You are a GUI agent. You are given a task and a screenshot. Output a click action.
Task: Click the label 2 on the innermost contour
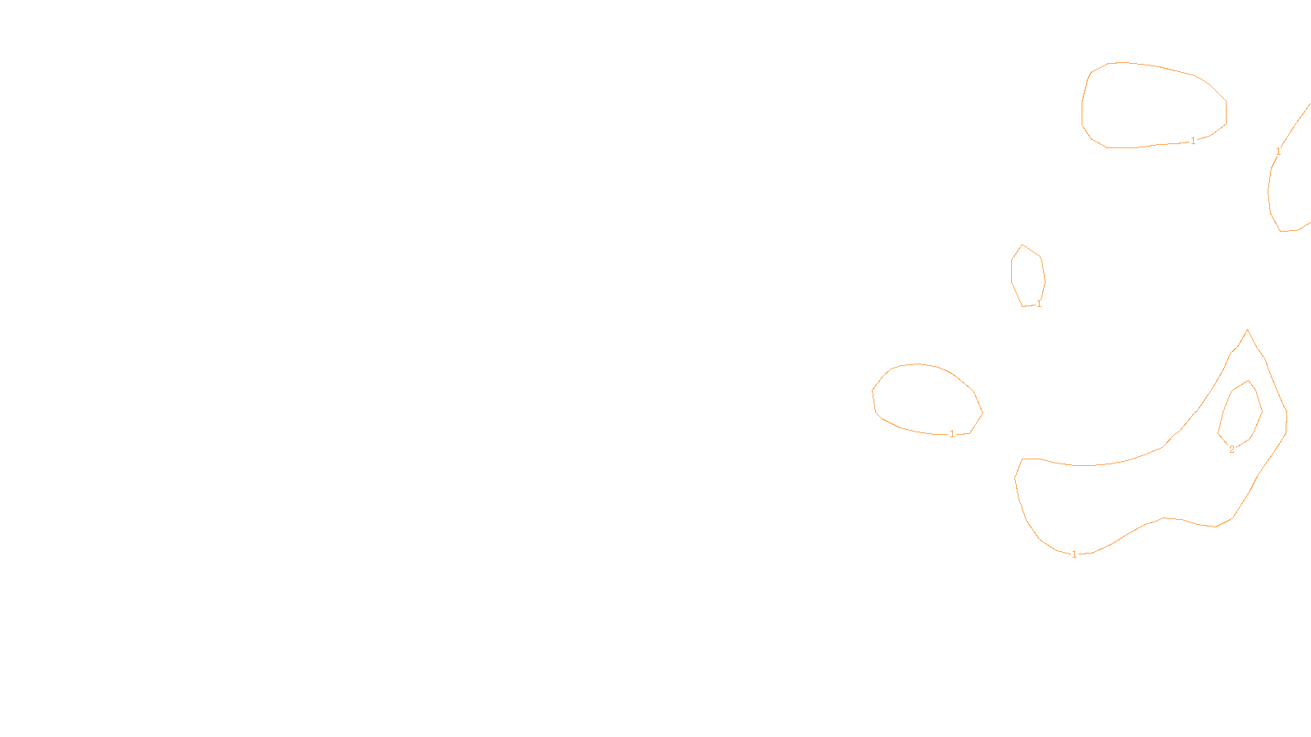(x=1232, y=450)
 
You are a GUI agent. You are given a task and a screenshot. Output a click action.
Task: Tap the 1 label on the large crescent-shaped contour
(x=1074, y=554)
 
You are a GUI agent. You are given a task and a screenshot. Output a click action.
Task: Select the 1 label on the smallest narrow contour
(x=1039, y=304)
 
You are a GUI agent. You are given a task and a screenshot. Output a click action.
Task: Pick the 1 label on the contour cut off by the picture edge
(x=1278, y=151)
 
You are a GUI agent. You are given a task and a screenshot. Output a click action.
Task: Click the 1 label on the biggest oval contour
(x=1193, y=141)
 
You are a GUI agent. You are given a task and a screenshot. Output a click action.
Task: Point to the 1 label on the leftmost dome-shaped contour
(x=952, y=434)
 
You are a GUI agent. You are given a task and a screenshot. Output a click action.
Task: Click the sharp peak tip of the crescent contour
(x=1247, y=330)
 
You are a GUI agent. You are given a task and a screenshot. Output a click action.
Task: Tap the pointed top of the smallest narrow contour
(x=1022, y=245)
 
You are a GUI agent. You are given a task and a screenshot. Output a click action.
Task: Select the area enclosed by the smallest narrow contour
(x=1027, y=276)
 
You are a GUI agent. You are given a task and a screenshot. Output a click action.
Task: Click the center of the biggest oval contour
(x=1153, y=106)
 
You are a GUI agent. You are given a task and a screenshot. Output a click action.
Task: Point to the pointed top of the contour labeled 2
(x=1249, y=381)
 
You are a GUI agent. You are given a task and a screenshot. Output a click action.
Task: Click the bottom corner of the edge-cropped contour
(x=1281, y=231)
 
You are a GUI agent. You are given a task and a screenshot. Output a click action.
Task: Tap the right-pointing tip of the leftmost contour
(x=982, y=413)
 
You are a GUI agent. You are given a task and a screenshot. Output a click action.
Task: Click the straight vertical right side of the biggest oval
(x=1226, y=112)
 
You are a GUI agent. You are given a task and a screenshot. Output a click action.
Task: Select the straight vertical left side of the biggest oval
(x=1082, y=113)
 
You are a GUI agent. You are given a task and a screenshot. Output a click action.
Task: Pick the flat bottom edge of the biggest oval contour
(x=1122, y=147)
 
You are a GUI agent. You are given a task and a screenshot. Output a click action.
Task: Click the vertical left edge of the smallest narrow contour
(x=1011, y=271)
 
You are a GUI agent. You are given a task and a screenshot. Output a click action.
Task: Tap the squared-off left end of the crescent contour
(x=1030, y=459)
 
